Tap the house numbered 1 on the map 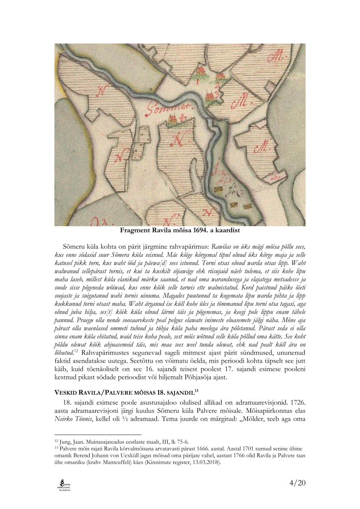point(199,72)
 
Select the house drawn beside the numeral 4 point(172,119)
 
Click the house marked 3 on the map point(210,96)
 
